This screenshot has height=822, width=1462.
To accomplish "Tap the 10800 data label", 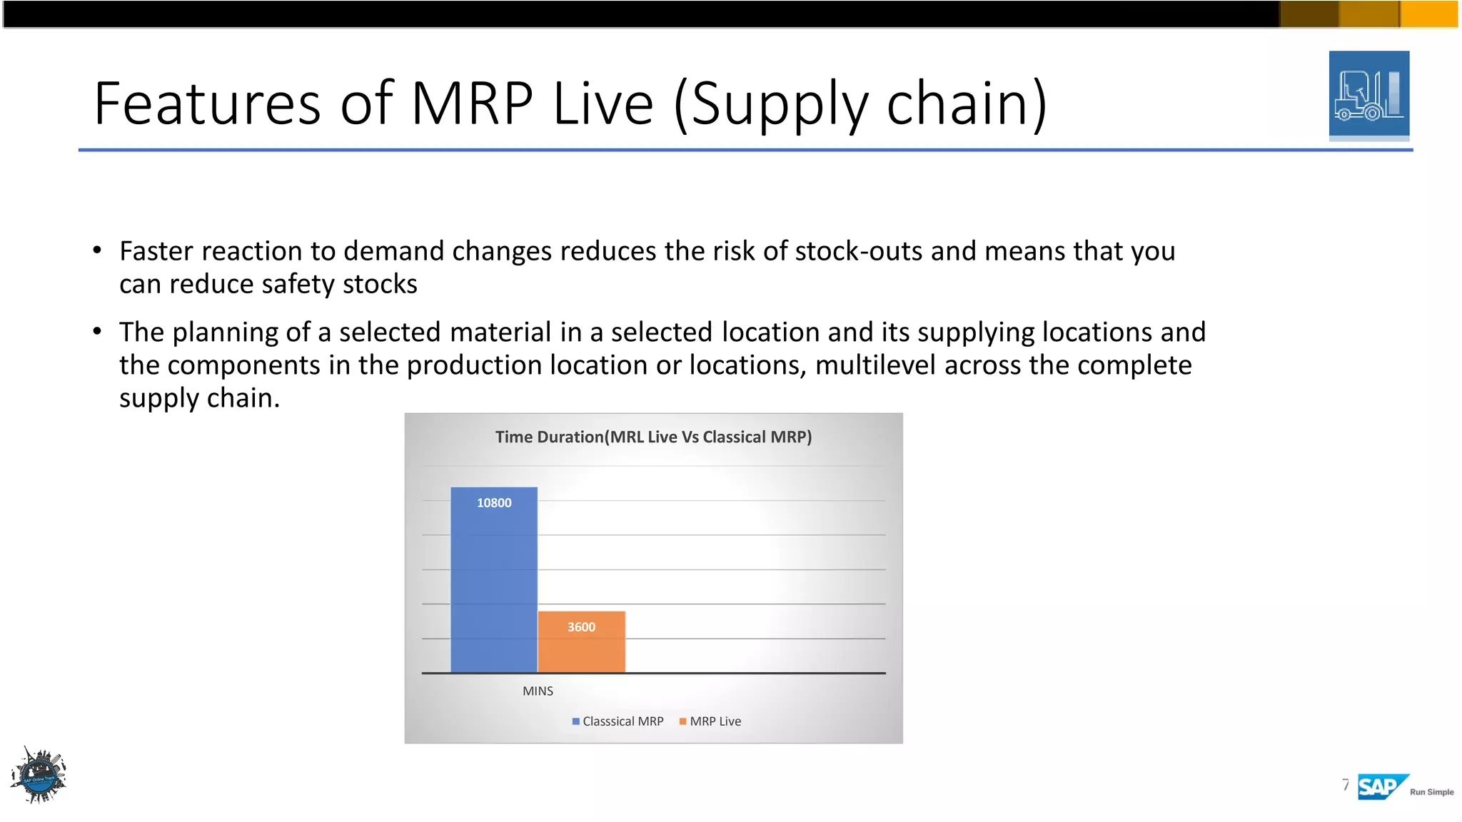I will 494,503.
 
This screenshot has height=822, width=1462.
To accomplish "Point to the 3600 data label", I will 581,627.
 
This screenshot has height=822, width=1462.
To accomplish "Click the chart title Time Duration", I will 653,437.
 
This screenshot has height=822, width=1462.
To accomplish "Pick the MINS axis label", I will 538,691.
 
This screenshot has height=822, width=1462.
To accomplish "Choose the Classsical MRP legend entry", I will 618,721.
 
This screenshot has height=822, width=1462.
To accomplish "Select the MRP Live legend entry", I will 710,721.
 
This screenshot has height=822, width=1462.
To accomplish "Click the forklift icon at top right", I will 1368,95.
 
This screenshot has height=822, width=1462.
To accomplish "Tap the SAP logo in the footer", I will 1380,787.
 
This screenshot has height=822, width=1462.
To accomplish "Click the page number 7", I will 1346,785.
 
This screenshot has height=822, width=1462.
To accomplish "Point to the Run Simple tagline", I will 1431,792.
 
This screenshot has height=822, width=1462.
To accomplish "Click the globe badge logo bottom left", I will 39,776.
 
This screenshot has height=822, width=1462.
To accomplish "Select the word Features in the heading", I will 207,103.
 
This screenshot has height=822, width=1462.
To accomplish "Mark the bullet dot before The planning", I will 98,331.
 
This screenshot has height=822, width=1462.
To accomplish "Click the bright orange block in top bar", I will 1430,14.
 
